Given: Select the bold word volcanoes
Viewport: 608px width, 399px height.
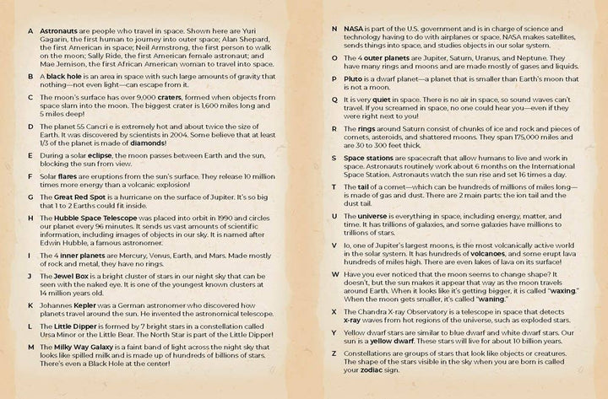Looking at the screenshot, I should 461,255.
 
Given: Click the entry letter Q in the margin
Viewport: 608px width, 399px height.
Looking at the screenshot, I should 335,99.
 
